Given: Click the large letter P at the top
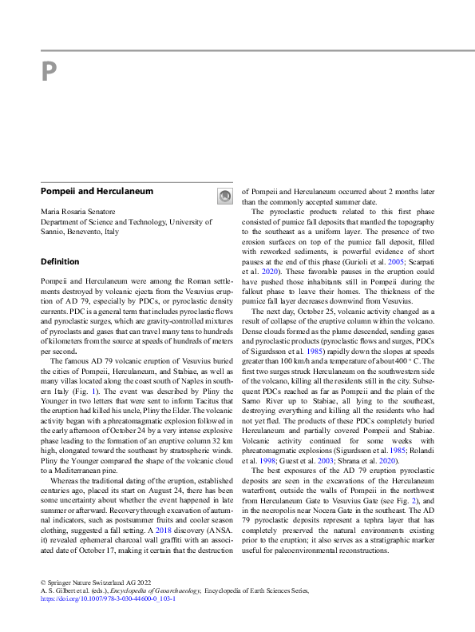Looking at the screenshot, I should click(x=49, y=73).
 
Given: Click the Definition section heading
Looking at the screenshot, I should click(x=60, y=261).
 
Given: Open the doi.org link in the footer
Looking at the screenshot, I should click(x=104, y=597).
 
